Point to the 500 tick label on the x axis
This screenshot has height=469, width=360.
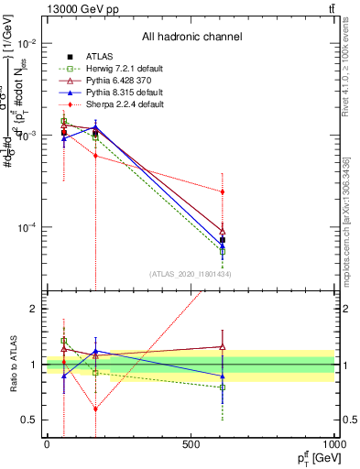point(191,443)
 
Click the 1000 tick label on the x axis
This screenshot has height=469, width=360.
point(334,443)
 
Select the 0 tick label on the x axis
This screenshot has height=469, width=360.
point(47,443)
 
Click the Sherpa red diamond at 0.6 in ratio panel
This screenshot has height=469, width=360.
point(95,409)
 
